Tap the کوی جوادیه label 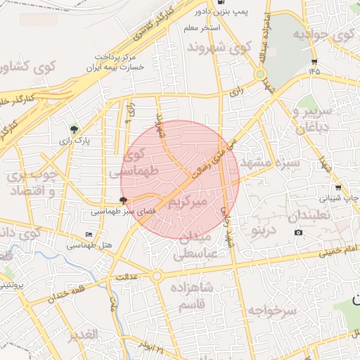click(x=323, y=34)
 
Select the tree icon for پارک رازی click(x=74, y=129)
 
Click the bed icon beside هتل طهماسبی click(x=88, y=235)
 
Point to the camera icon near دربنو click(x=298, y=233)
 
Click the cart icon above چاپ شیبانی click(x=339, y=188)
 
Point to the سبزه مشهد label click(x=269, y=163)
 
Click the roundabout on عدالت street click(x=156, y=276)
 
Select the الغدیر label click(x=82, y=335)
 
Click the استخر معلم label click(x=202, y=27)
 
